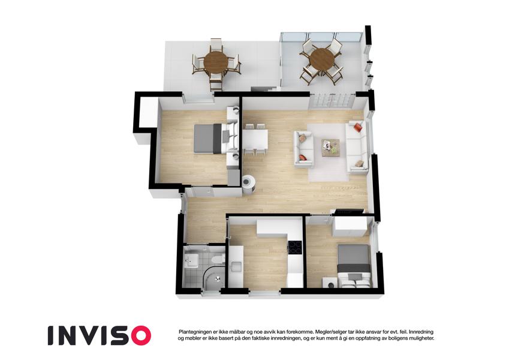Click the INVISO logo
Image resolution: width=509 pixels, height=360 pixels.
point(100,335)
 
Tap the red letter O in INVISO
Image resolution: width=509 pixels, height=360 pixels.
point(140,335)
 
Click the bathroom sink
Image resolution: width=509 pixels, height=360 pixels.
point(191,260)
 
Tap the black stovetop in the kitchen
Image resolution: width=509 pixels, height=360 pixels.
point(295,248)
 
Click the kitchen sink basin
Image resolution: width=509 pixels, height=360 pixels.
point(236,267)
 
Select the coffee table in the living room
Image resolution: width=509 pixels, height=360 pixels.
point(331,148)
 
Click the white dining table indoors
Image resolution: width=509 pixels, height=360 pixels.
point(255,139)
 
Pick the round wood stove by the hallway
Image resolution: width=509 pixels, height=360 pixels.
point(249,184)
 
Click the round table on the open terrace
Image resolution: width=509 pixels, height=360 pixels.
point(216,61)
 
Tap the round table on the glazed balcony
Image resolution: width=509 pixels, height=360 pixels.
point(321,59)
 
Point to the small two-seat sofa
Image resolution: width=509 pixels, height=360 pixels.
point(304,149)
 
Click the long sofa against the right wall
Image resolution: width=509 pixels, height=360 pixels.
point(357,146)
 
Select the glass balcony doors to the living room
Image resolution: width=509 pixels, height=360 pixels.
point(332,100)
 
